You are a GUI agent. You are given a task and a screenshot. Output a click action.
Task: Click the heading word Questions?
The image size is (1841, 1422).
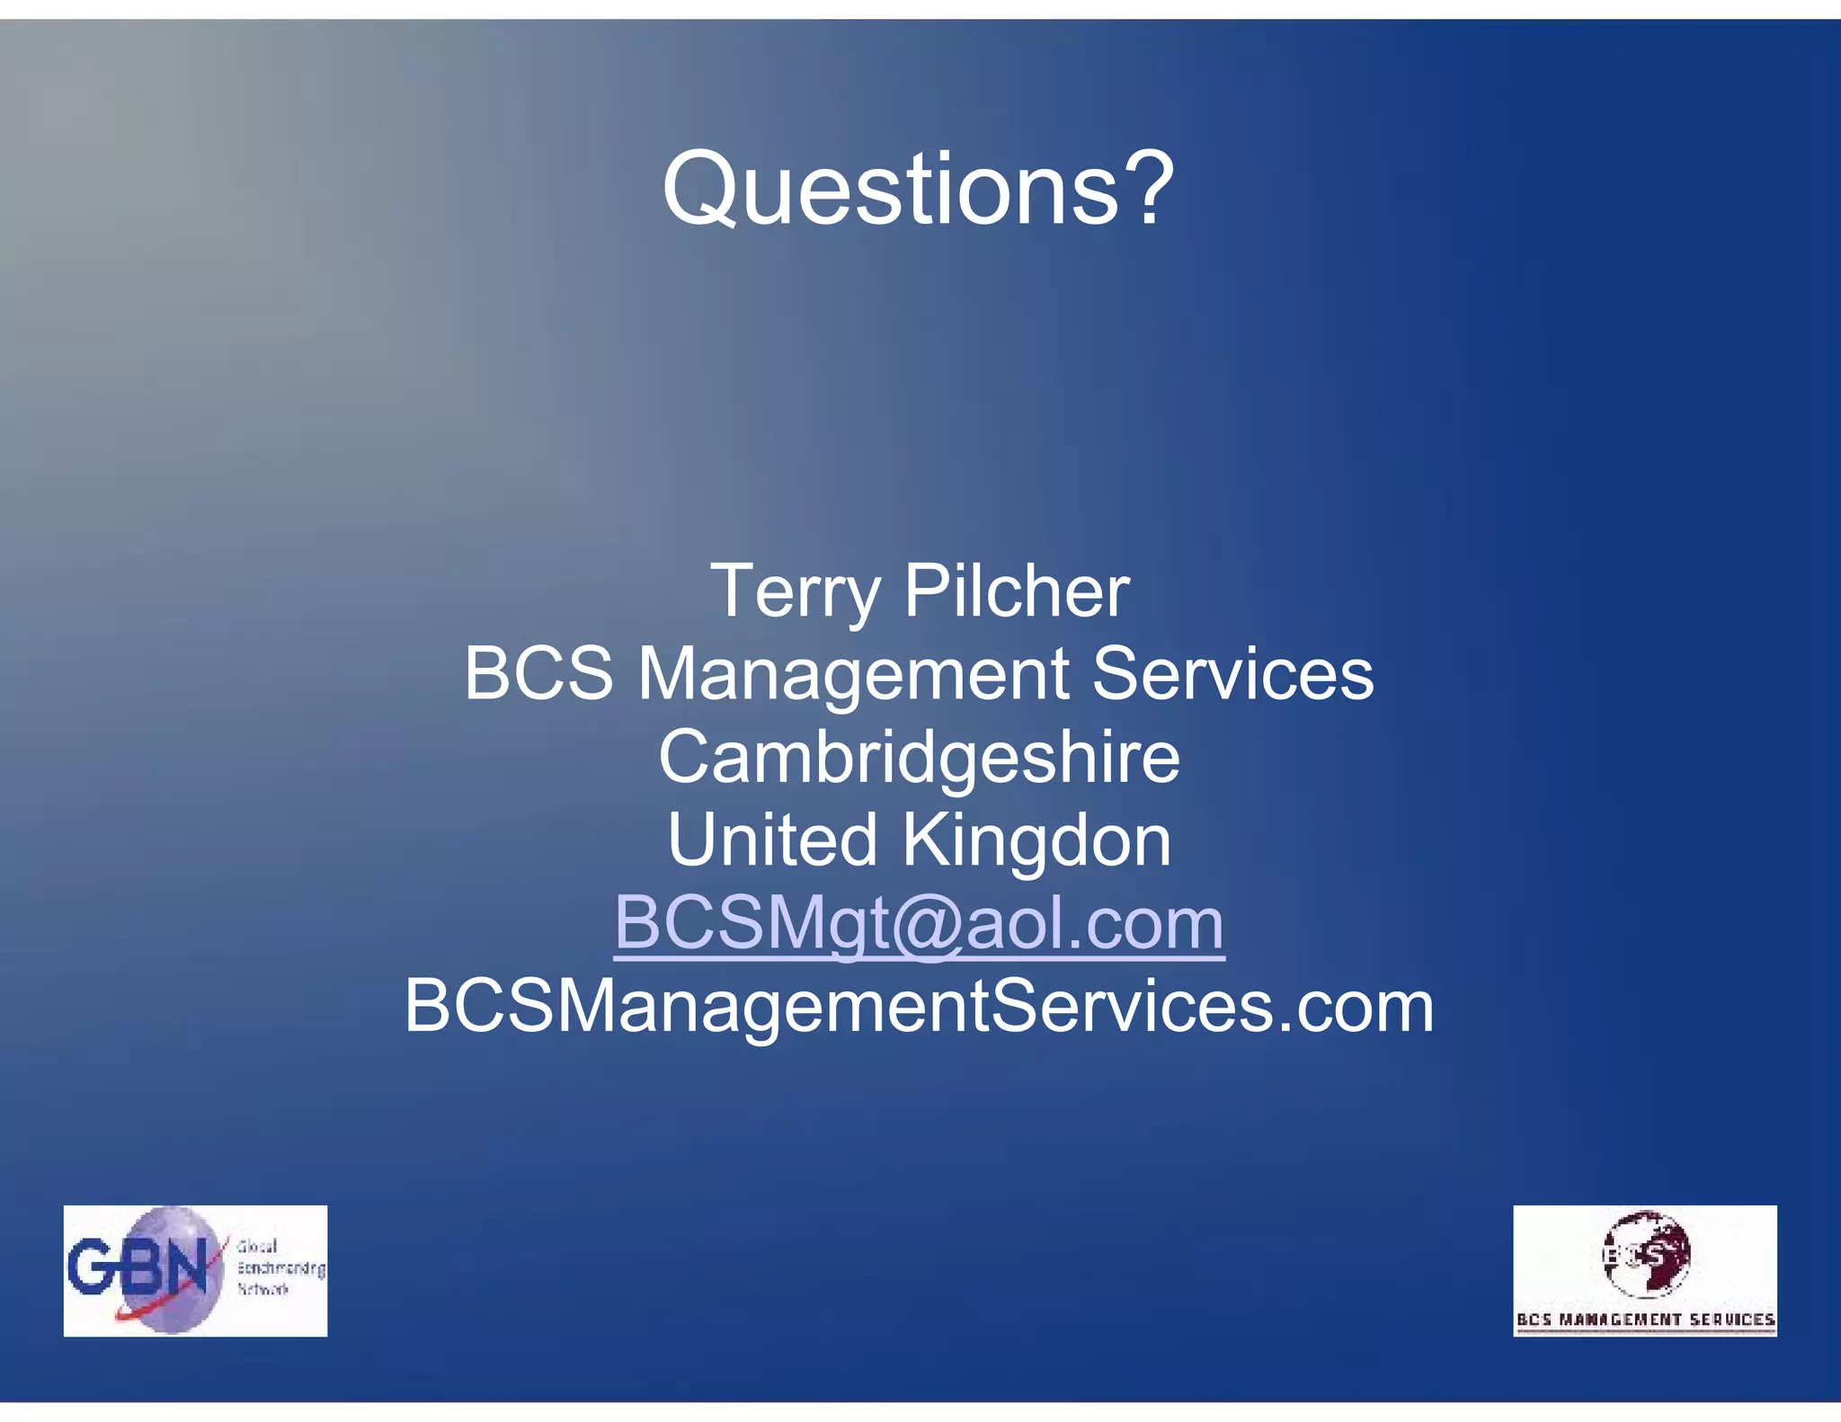tap(918, 189)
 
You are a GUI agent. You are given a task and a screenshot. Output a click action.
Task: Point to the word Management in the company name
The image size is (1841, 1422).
tap(853, 675)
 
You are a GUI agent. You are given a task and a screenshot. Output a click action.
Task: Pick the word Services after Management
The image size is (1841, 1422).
tap(1232, 673)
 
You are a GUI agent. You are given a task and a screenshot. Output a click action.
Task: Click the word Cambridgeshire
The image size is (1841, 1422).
tap(919, 757)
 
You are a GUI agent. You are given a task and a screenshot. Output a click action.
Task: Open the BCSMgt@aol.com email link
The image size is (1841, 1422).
tap(919, 923)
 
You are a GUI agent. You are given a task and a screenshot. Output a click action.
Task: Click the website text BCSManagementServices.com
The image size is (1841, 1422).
tap(919, 1006)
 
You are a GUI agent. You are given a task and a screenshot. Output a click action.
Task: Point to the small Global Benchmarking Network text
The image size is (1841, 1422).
tap(280, 1267)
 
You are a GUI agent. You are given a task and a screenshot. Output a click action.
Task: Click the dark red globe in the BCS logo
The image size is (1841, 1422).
tap(1647, 1253)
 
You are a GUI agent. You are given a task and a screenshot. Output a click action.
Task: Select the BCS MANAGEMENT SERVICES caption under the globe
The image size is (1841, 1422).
tap(1645, 1320)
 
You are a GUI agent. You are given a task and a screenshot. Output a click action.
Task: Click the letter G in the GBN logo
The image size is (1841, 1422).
tap(90, 1266)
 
